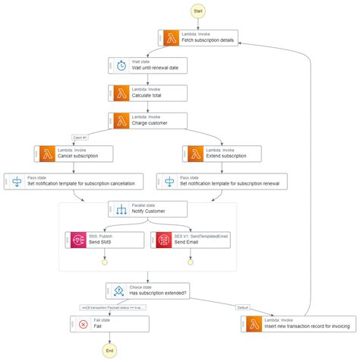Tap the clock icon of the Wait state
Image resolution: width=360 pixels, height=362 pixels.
coord(121,65)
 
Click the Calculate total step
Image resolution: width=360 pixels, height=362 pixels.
coord(147,92)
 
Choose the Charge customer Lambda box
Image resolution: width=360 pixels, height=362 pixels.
coord(147,119)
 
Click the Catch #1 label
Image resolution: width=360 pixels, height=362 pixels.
coord(81,138)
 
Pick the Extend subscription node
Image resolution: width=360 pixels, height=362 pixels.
coord(222,153)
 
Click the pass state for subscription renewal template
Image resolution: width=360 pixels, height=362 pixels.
coord(222,181)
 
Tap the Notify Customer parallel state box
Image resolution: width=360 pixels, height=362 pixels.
coord(147,208)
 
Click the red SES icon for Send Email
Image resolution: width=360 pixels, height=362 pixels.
coord(163,240)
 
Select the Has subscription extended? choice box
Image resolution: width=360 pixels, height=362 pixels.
coord(147,290)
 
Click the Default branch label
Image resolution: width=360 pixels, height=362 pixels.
coord(242,307)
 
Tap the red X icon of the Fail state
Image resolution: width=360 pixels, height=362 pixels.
coord(83,323)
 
